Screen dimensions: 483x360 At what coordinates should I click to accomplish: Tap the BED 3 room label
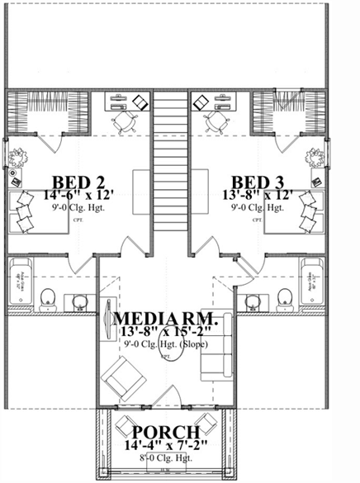pos(260,182)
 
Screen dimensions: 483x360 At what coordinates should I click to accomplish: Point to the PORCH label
pos(165,432)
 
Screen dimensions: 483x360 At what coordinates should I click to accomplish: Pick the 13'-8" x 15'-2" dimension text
pos(166,332)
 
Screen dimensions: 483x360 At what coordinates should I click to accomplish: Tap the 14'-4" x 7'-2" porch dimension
pos(165,445)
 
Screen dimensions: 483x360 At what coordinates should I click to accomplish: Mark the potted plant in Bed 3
pos(316,157)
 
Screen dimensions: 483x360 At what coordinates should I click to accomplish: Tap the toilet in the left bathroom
pos(48,297)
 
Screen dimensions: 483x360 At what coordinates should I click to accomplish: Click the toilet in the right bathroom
pos(286,297)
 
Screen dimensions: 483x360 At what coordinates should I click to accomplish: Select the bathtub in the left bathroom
pos(20,285)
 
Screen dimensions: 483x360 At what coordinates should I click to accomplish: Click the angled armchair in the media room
pos(123,380)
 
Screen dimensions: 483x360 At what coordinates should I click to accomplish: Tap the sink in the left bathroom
pos(78,300)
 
